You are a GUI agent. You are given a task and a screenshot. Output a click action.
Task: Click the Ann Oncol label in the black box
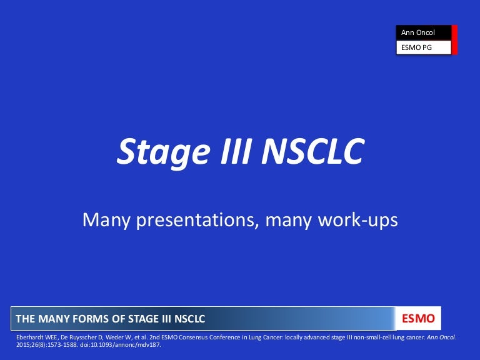(x=418, y=32)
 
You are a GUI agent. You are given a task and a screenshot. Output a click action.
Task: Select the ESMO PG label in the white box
(x=416, y=47)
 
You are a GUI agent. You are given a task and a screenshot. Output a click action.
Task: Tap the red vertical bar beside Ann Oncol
(x=455, y=39)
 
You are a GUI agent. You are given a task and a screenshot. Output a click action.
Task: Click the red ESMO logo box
(x=419, y=319)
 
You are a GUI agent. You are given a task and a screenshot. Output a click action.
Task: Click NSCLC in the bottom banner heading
(x=187, y=319)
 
